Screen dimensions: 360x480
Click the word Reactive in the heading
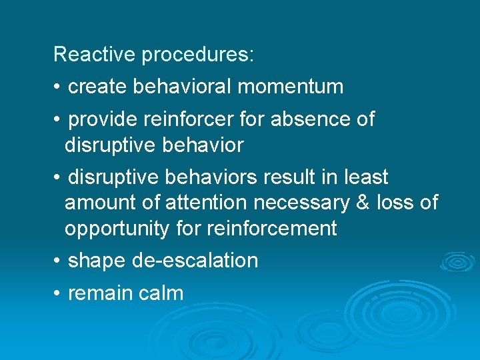(x=95, y=54)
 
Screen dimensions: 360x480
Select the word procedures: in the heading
(x=197, y=55)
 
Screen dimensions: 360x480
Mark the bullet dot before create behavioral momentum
(x=58, y=87)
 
